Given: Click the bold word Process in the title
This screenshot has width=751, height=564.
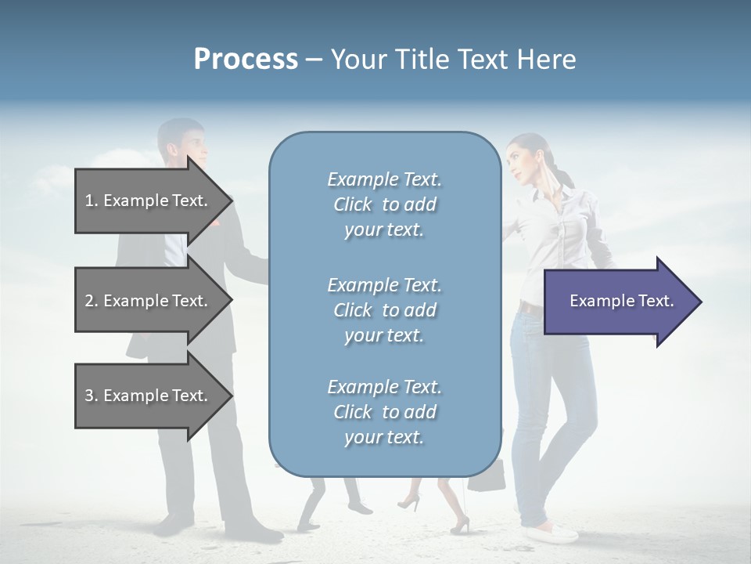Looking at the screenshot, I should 246,60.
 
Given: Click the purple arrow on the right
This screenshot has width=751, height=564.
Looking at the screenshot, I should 618,301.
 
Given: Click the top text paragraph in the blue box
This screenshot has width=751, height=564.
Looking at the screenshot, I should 384,204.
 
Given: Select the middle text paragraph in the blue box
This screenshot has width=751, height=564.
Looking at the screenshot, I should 384,310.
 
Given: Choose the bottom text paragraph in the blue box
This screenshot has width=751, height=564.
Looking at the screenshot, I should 384,412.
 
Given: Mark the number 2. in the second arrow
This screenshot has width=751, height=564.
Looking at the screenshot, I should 91,301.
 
